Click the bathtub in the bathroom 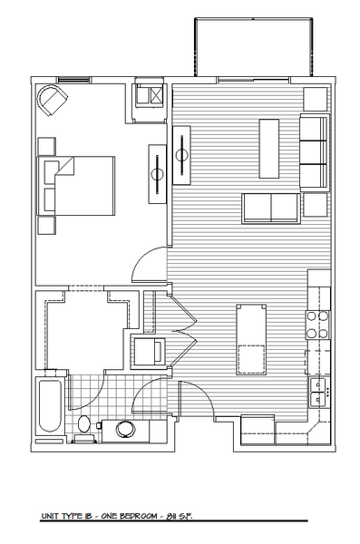coord(50,406)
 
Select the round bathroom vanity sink coord(124,429)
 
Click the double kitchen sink coord(318,392)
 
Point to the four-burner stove coord(317,325)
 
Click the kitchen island coord(251,339)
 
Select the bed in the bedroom coord(76,186)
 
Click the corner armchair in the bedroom coord(53,99)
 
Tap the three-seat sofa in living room coord(315,152)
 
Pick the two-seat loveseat coord(271,209)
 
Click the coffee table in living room coord(269,149)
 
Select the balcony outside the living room coord(253,47)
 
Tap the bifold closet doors coord(182,330)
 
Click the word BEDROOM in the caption coord(139,516)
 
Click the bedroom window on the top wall coord(73,80)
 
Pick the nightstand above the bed coord(46,146)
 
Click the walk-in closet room coord(86,330)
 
